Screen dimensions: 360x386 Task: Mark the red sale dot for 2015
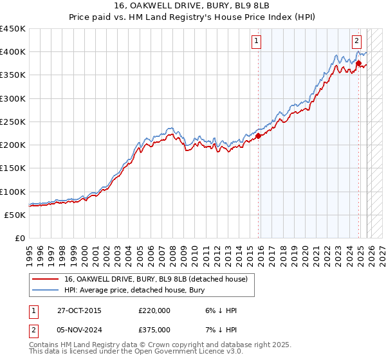pos(259,136)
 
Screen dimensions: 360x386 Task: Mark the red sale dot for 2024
pos(358,63)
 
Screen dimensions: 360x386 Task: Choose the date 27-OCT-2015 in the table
pos(79,310)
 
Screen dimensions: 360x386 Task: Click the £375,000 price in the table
pos(154,329)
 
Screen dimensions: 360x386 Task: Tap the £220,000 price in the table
pos(154,310)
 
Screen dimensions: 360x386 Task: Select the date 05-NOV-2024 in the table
pos(79,329)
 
